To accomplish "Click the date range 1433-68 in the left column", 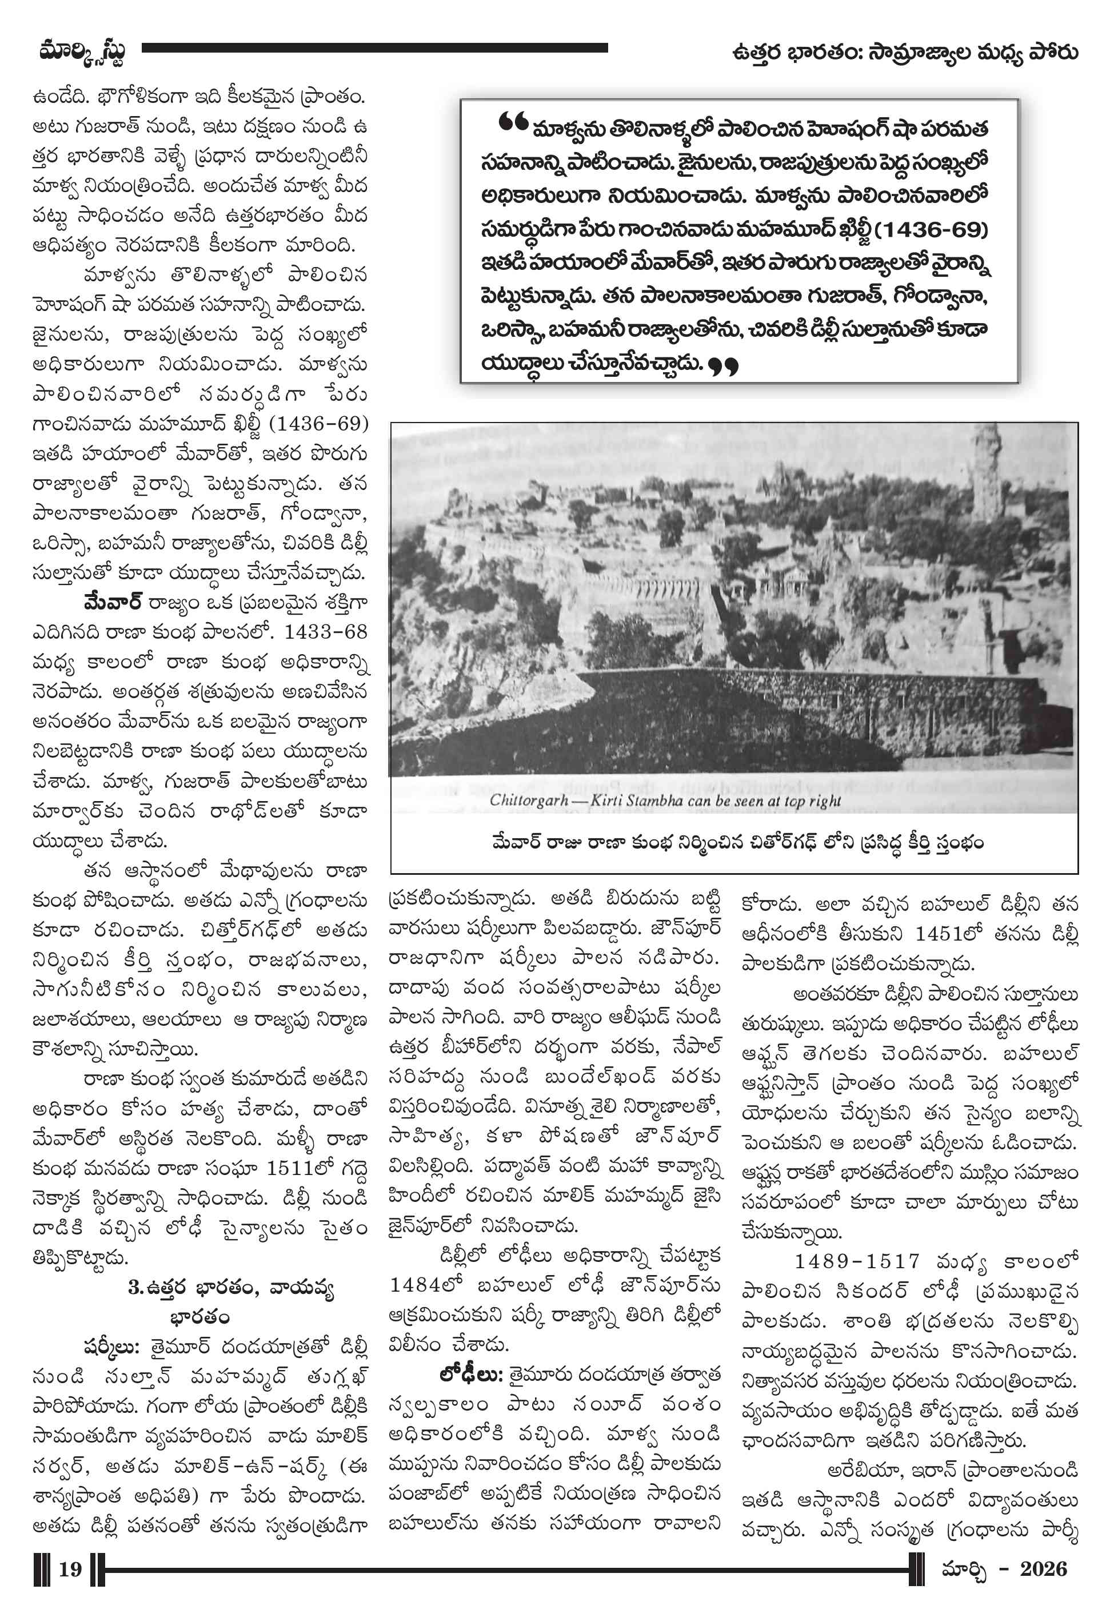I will pyautogui.click(x=325, y=632).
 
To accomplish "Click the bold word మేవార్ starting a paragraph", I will pyautogui.click(x=113, y=602).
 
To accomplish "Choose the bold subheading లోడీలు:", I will pyautogui.click(x=470, y=1375).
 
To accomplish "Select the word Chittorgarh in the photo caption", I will pyautogui.click(x=528, y=800).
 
